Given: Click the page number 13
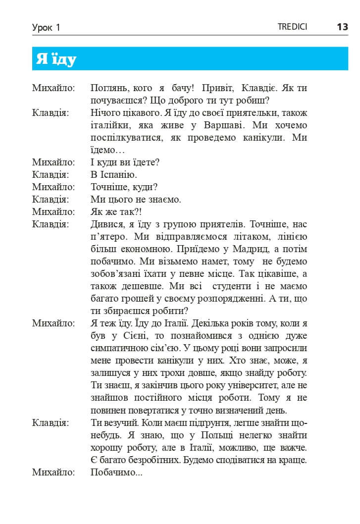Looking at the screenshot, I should click(342, 27).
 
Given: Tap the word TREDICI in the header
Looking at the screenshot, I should click(292, 27).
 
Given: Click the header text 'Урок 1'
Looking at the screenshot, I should click(46, 28).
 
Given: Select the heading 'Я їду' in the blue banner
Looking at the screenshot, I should click(56, 59).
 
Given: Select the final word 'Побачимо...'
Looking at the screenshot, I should click(117, 472).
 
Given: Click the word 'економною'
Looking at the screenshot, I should click(143, 249).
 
